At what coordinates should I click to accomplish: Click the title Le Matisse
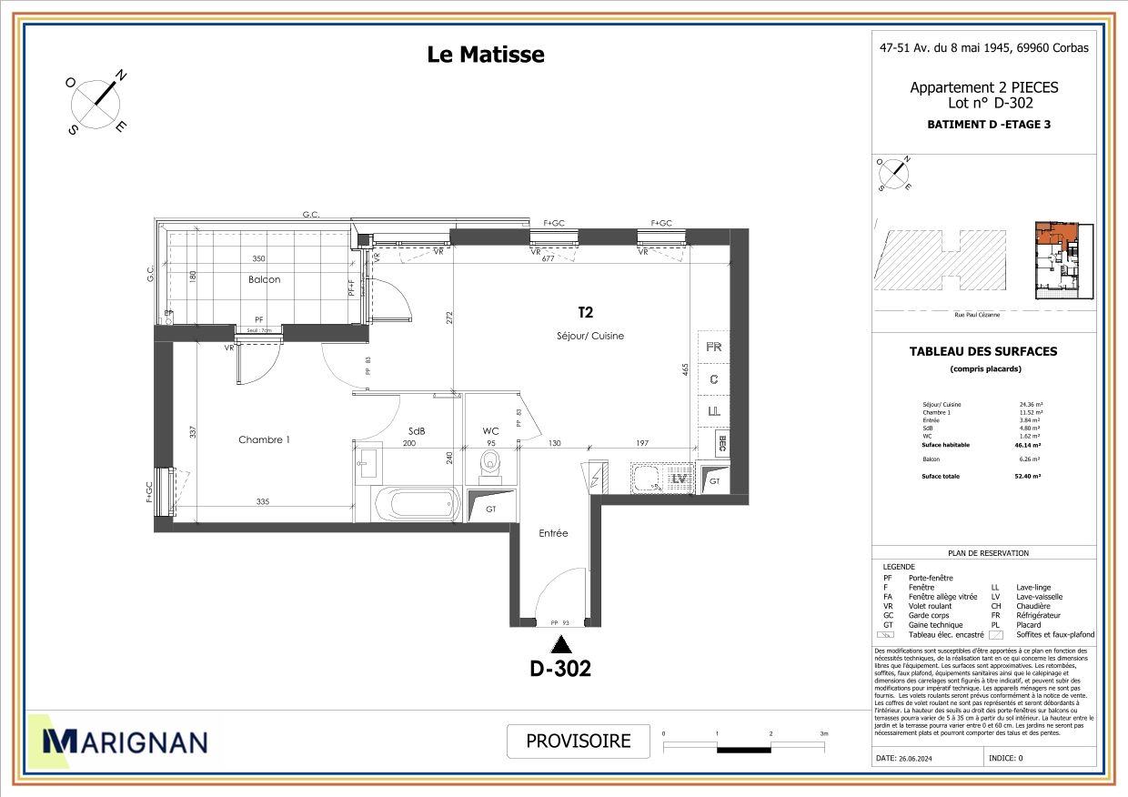(486, 55)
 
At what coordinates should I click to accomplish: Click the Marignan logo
(118, 742)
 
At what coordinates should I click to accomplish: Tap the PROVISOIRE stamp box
(579, 741)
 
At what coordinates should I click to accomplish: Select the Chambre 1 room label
(264, 440)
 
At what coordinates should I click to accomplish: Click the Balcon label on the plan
(264, 279)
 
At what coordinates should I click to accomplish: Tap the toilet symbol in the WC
(491, 465)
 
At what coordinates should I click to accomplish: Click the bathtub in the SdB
(415, 501)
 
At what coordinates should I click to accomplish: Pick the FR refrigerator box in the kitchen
(714, 347)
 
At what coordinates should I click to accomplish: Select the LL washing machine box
(714, 412)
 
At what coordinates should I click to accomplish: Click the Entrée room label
(553, 533)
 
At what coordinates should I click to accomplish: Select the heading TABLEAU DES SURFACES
(983, 351)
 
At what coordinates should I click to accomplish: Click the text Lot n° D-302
(983, 103)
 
